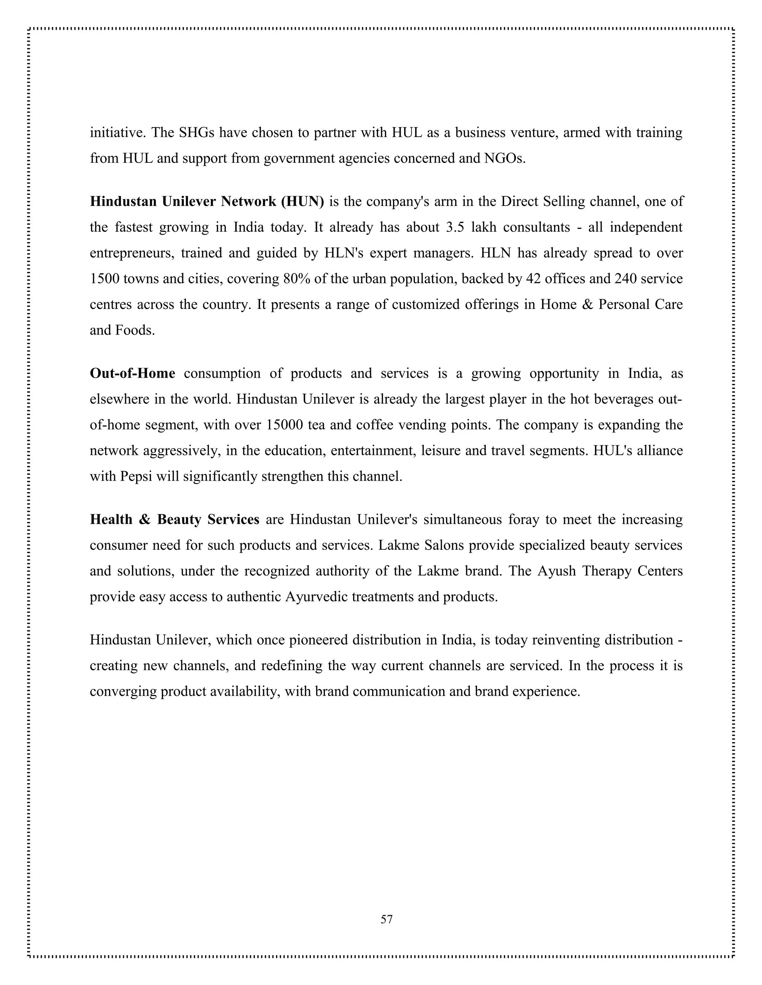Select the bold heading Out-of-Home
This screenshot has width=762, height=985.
(132, 374)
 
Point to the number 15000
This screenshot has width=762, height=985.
(284, 425)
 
